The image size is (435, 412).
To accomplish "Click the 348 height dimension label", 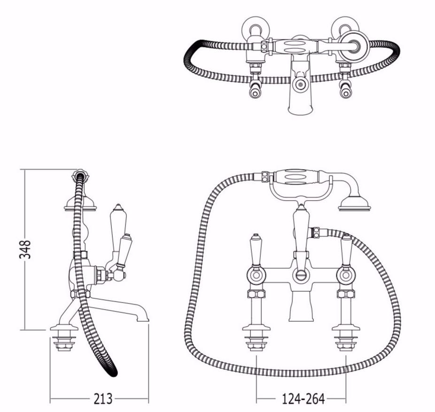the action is (x=25, y=249).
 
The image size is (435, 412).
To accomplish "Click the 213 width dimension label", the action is (x=103, y=399).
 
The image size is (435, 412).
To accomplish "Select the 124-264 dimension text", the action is (x=303, y=399).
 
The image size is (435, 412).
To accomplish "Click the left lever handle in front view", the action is (x=256, y=249).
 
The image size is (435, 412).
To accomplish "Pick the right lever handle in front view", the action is (x=347, y=249).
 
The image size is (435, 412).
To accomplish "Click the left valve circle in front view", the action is (x=256, y=275).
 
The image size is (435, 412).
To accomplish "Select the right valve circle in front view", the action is (x=346, y=275).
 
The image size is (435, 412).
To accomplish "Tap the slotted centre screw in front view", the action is (x=301, y=275).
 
